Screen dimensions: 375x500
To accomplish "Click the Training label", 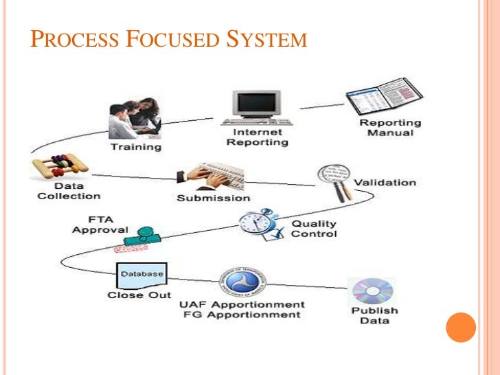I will click(136, 147).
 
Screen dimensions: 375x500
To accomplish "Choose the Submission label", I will click(214, 198).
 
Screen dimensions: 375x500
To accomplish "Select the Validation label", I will click(385, 183).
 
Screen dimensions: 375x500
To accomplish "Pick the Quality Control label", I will click(315, 229).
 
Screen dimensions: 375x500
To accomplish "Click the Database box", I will click(142, 275).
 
